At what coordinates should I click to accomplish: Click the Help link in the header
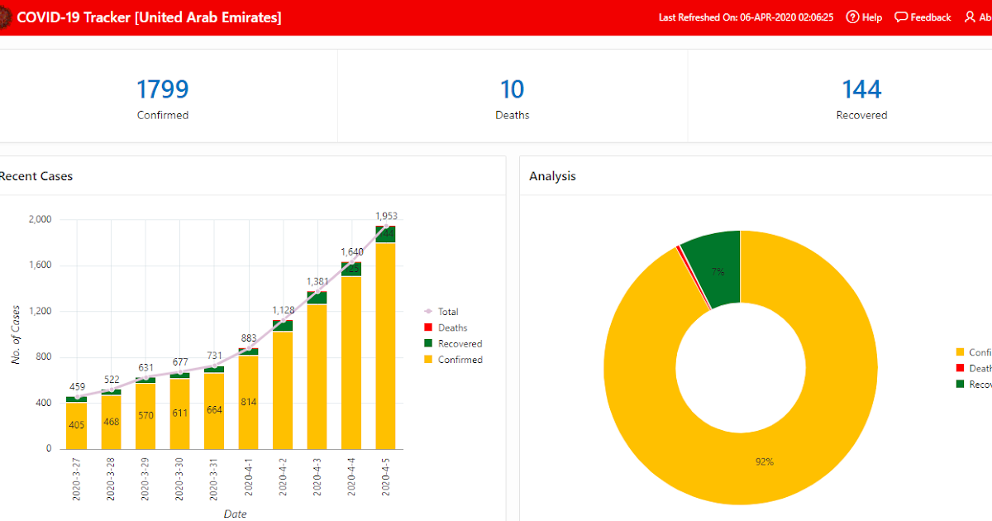pos(864,17)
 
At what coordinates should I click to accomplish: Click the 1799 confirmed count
pos(163,89)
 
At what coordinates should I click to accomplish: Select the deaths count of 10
pos(512,89)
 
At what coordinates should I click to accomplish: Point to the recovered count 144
pos(861,89)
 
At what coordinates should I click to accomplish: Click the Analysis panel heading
pos(552,176)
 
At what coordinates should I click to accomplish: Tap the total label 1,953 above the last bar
pos(385,216)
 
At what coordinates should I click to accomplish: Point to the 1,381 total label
pos(317,281)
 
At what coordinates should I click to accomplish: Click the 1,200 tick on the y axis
pos(40,312)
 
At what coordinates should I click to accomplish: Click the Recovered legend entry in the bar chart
pos(460,344)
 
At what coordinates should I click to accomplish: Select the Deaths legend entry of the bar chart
pos(452,328)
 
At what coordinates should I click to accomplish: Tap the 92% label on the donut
pos(764,461)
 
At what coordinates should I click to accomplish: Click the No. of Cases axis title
pos(16,334)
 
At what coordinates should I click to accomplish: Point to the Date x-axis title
pos(235,514)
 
